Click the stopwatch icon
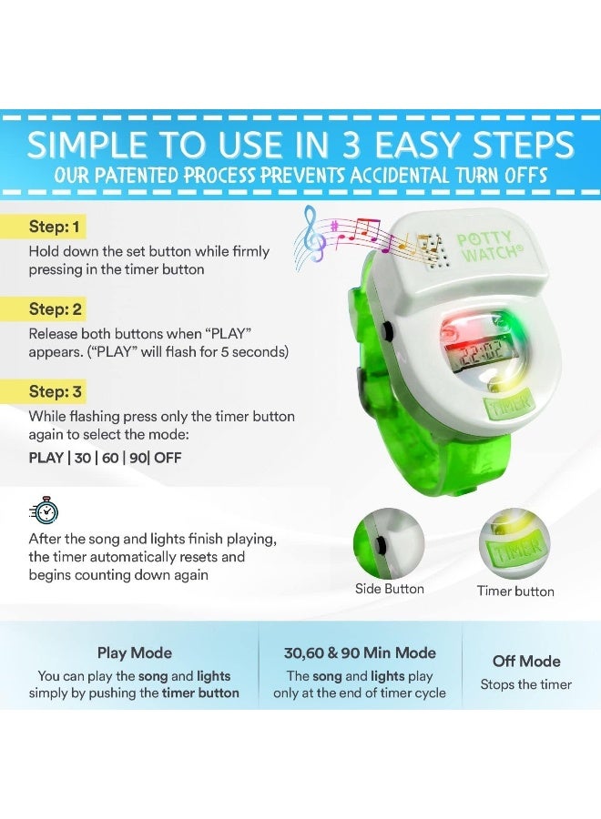pyautogui.click(x=43, y=511)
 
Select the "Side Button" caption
pyautogui.click(x=389, y=589)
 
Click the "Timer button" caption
pyautogui.click(x=515, y=591)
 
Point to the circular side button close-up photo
pyautogui.click(x=389, y=544)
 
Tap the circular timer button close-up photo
pyautogui.click(x=515, y=544)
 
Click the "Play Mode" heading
pyautogui.click(x=134, y=652)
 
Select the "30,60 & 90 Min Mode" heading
pyautogui.click(x=361, y=652)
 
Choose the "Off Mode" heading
pyautogui.click(x=526, y=661)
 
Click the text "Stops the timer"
pyautogui.click(x=526, y=684)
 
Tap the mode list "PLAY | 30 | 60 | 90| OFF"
pyautogui.click(x=105, y=458)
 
